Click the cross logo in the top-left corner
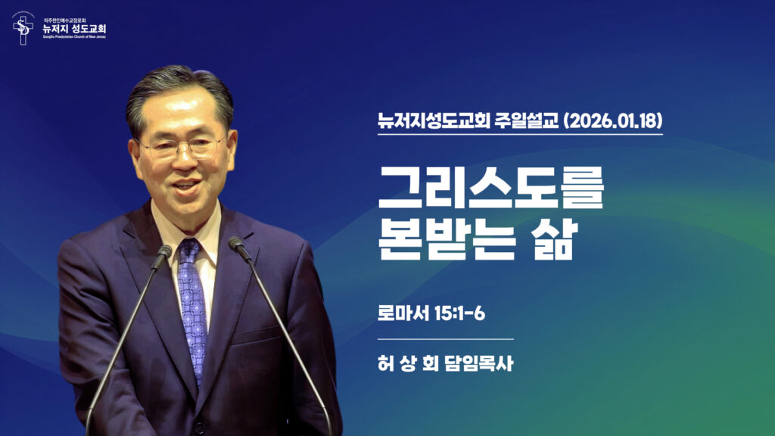(x=23, y=28)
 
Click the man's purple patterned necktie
(x=192, y=303)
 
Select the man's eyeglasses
(x=182, y=147)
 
